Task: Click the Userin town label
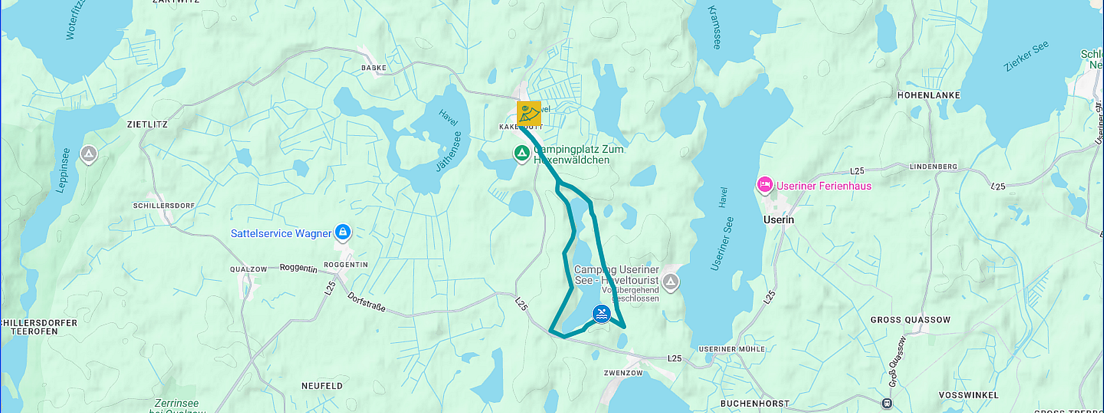click(778, 220)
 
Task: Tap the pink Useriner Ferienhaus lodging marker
click(764, 185)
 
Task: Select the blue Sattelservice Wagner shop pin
click(343, 232)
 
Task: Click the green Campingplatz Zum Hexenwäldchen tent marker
click(522, 153)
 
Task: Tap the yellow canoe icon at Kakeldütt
click(528, 113)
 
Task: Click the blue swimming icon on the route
click(601, 314)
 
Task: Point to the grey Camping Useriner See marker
click(670, 282)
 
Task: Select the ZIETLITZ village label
click(147, 124)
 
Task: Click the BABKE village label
click(374, 68)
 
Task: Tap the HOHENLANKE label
click(928, 95)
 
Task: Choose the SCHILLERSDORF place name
click(164, 205)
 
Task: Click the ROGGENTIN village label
click(346, 265)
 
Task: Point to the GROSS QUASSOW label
click(910, 320)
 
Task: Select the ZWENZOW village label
click(623, 373)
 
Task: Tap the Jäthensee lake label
click(448, 152)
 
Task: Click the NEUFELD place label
click(321, 386)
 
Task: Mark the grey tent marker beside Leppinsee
click(89, 154)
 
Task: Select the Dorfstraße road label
click(366, 302)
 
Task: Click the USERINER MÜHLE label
click(731, 349)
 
